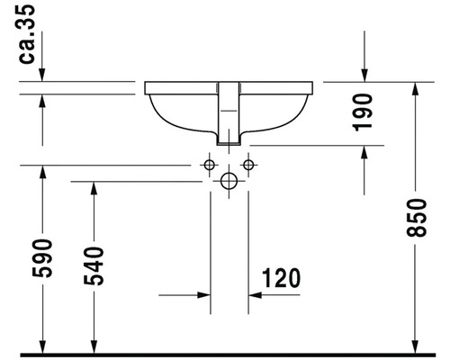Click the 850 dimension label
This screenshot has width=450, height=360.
pyautogui.click(x=416, y=218)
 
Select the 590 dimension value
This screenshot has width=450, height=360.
pyautogui.click(x=42, y=258)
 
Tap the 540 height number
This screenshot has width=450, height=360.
pyautogui.click(x=94, y=265)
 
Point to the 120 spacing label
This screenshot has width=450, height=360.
pyautogui.click(x=281, y=278)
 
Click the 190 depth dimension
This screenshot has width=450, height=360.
pyautogui.click(x=362, y=112)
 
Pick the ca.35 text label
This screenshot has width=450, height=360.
pyautogui.click(x=27, y=34)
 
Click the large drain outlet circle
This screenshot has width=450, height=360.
pyautogui.click(x=229, y=181)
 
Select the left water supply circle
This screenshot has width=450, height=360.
pyautogui.click(x=209, y=165)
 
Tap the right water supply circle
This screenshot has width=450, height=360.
pyautogui.click(x=248, y=165)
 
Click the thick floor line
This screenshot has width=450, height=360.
pyautogui.click(x=228, y=355)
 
